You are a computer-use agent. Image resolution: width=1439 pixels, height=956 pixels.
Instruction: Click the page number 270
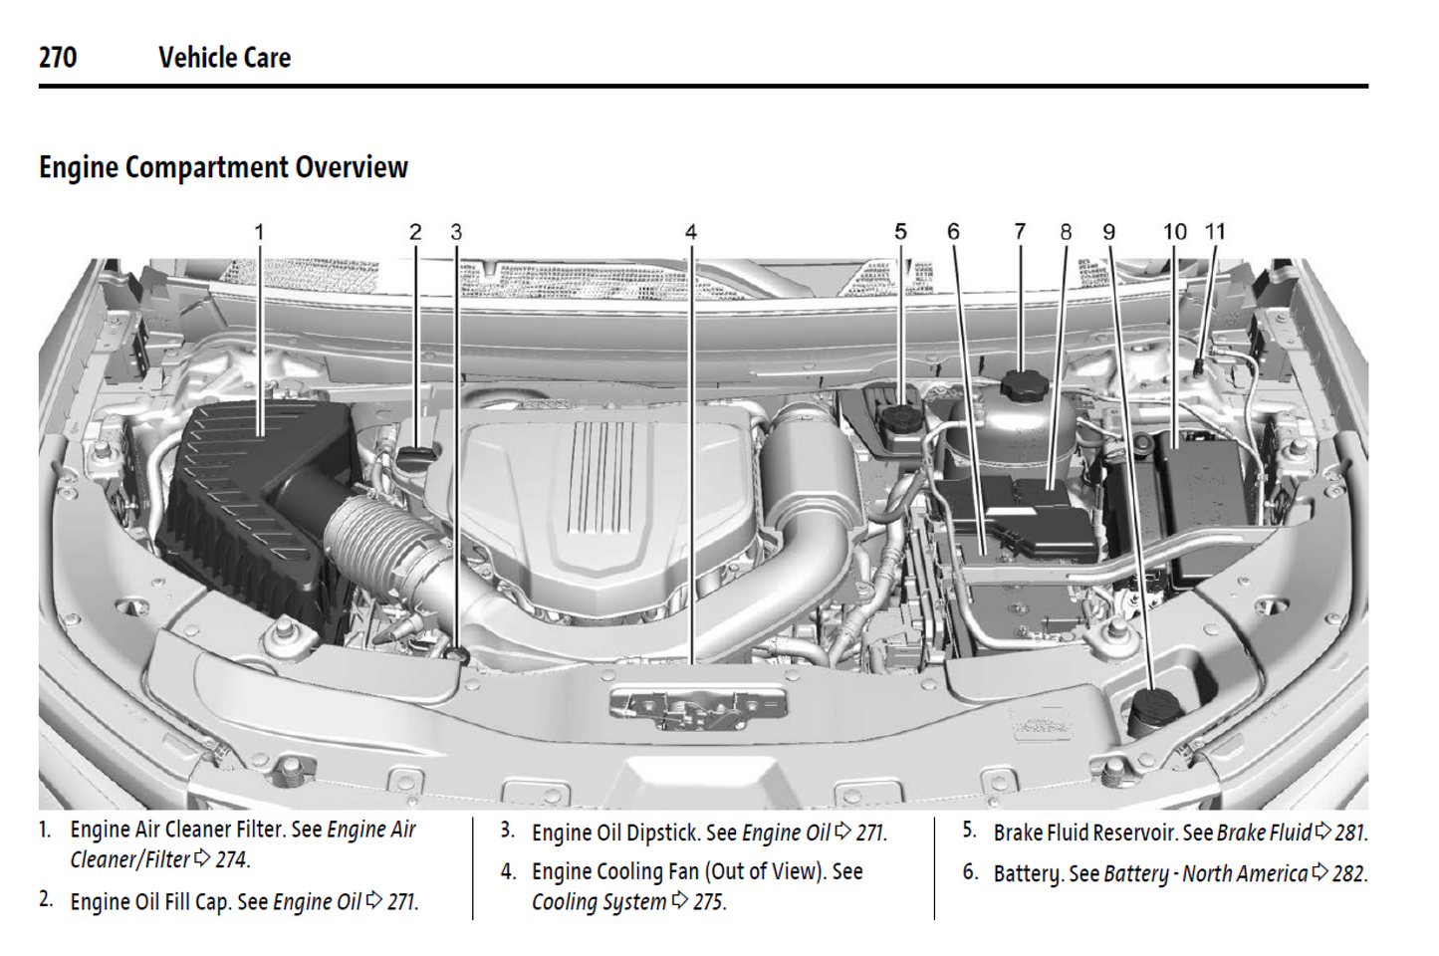coord(58,58)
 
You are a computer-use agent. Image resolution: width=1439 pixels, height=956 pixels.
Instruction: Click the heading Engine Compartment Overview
coord(223,167)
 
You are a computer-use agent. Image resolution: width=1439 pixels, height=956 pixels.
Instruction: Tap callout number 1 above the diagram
coord(259,232)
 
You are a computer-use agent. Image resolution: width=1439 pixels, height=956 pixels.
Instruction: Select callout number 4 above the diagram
coord(690,232)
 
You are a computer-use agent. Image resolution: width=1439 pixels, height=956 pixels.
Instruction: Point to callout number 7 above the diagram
coord(1019,231)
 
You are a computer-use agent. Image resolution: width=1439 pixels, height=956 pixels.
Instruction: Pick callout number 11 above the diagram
coord(1215,231)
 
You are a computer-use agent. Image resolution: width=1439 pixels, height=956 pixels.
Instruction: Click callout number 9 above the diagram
coord(1108,232)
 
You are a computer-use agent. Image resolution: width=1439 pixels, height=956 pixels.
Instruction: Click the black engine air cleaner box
coord(249,498)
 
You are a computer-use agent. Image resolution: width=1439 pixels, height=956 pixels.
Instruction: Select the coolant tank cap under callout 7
coord(1021,385)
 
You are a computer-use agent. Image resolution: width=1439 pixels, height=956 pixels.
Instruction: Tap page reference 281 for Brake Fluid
coord(1350,833)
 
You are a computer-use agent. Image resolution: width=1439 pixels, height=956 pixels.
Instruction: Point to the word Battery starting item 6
coord(1028,873)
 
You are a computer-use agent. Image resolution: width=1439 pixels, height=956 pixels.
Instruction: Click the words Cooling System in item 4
coord(599,902)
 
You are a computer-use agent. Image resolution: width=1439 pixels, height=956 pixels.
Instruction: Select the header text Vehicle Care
coord(224,58)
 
